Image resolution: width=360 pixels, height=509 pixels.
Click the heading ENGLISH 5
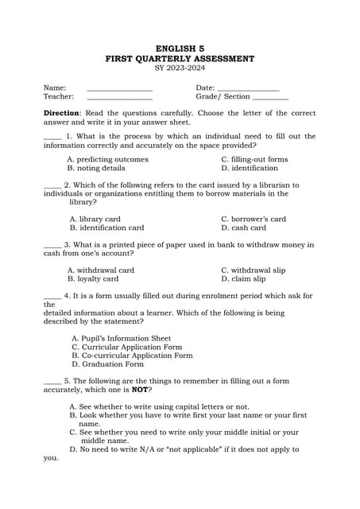[180, 49]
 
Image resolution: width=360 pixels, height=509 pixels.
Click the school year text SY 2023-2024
[180, 69]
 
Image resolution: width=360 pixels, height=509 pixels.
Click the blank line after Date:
[248, 89]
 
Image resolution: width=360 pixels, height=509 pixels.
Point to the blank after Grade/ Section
[270, 98]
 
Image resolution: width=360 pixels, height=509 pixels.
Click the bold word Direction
[61, 114]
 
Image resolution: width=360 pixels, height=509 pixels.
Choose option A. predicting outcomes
[107, 159]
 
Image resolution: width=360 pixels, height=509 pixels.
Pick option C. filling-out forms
[254, 159]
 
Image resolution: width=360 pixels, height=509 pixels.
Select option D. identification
[249, 169]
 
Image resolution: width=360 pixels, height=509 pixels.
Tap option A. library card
[95, 219]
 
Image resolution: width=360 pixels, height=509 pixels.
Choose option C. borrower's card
[254, 219]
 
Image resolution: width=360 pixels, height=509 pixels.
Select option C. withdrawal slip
[253, 270]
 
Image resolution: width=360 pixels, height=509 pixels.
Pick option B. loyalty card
[93, 279]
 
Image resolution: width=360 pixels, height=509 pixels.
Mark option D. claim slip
[243, 279]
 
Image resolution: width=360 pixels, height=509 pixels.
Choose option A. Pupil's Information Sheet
[121, 338]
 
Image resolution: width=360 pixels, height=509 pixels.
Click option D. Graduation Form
[107, 364]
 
